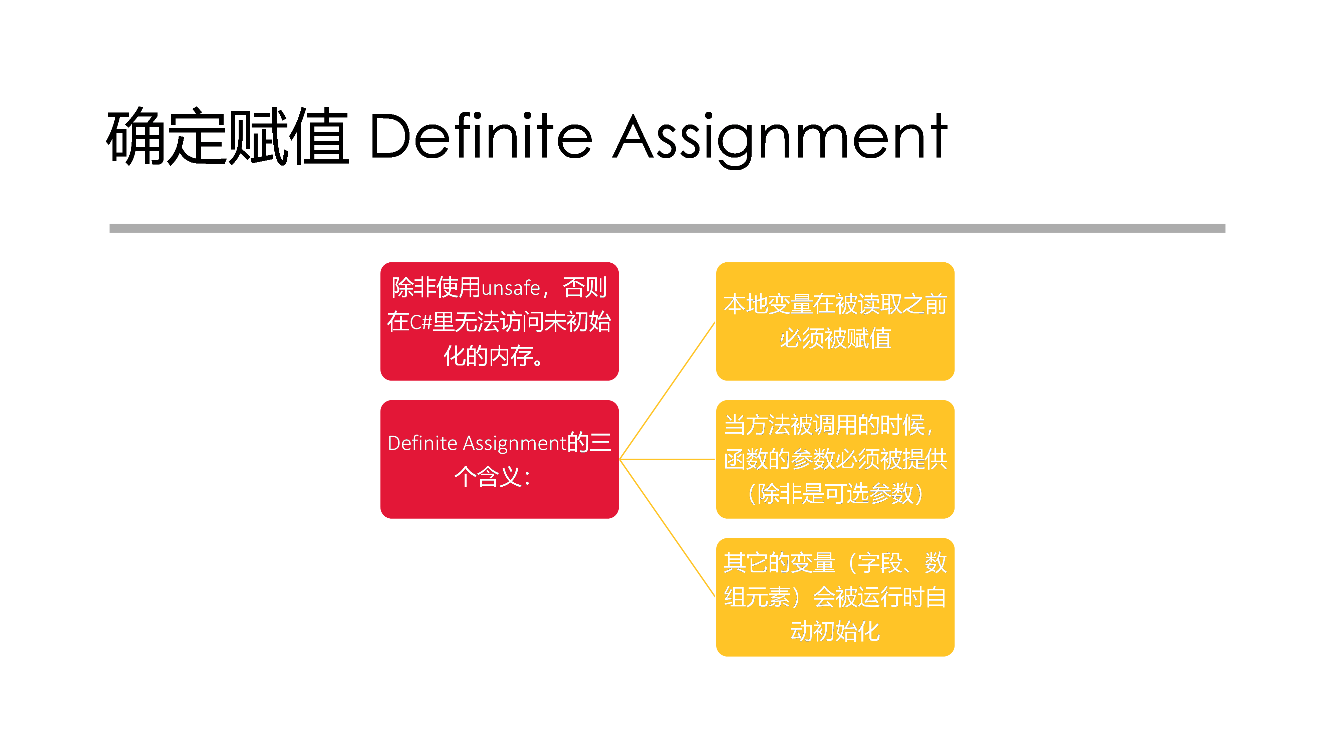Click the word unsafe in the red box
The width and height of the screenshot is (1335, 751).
coord(511,288)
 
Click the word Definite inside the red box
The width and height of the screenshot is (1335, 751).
coord(423,443)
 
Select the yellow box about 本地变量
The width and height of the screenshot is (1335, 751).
coord(835,321)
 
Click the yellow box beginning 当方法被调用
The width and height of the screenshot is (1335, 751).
coord(835,459)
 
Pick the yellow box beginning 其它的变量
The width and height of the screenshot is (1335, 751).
coord(835,597)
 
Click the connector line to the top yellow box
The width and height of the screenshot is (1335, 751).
coord(667,391)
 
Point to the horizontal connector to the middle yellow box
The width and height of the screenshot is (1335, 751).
coord(667,459)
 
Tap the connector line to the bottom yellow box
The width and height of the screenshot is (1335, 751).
coord(667,528)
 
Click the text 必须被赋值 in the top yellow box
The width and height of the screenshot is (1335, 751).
coord(835,338)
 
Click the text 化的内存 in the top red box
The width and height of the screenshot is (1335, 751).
coord(488,356)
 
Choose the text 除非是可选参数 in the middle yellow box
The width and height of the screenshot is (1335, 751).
coord(835,493)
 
